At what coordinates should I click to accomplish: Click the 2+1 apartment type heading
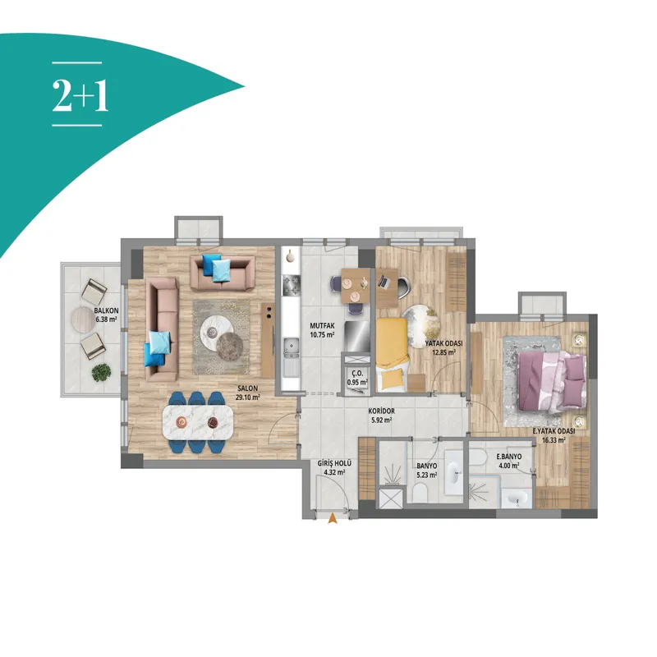click(80, 95)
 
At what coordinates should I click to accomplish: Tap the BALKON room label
click(106, 311)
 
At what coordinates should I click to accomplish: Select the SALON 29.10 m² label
click(247, 393)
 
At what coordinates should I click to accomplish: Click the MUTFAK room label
click(322, 325)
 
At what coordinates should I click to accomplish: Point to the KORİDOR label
click(381, 411)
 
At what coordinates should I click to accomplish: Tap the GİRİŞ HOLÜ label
click(334, 463)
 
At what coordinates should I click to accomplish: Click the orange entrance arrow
click(333, 518)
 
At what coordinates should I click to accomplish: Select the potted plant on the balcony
click(101, 373)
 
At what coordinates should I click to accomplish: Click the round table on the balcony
click(83, 319)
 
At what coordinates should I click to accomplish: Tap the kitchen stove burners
click(292, 285)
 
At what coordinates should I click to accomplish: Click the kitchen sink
click(292, 346)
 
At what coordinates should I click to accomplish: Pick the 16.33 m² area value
click(554, 440)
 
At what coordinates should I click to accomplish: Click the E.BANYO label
click(509, 457)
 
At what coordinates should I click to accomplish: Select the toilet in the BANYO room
click(420, 492)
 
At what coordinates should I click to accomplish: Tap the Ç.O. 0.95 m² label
click(357, 378)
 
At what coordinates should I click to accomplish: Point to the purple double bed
click(551, 381)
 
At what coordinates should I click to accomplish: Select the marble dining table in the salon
click(198, 422)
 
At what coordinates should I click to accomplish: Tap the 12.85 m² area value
click(443, 352)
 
